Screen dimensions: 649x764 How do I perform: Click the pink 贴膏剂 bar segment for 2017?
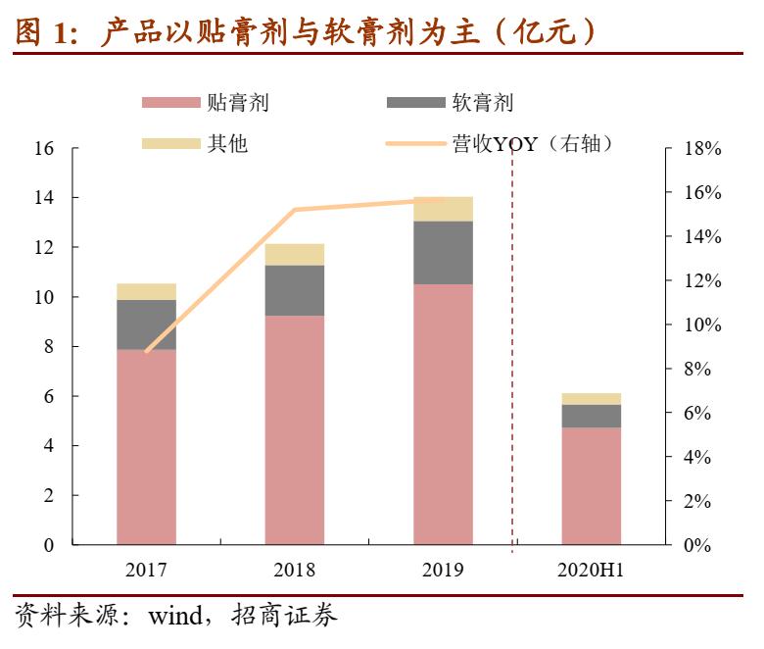click(x=146, y=446)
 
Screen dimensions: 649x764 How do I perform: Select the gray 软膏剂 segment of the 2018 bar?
click(x=294, y=290)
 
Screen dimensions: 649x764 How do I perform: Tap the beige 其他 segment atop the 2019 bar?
click(x=443, y=209)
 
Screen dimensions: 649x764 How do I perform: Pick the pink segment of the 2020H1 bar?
click(x=591, y=485)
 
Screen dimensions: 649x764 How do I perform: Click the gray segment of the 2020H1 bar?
click(x=591, y=416)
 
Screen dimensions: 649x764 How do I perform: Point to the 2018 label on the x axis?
click(x=294, y=570)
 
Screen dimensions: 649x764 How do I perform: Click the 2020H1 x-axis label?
click(x=591, y=570)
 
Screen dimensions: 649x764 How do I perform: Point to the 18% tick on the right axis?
click(x=701, y=149)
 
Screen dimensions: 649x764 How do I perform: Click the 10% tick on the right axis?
click(x=701, y=325)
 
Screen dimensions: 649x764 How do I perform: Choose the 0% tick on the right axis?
click(x=696, y=545)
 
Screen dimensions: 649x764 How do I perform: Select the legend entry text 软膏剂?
click(x=482, y=103)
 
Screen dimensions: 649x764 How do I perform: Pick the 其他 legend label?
click(x=227, y=144)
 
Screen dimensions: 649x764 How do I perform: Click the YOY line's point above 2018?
click(x=295, y=210)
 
